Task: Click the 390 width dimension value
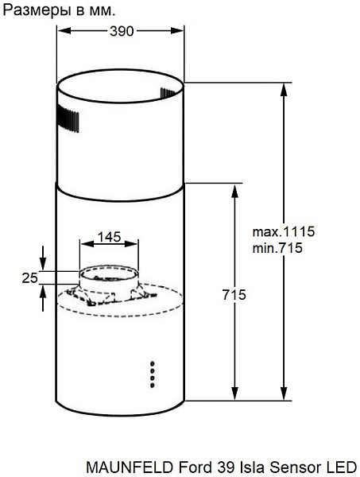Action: coord(122,31)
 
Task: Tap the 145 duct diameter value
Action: coord(109,237)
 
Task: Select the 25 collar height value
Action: coord(29,277)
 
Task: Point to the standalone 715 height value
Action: coord(234,295)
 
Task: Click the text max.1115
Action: coord(284,231)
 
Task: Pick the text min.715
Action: coord(277,248)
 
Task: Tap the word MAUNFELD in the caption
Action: coord(130,467)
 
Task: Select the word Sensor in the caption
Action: coord(294,467)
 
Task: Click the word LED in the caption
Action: coord(339,467)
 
